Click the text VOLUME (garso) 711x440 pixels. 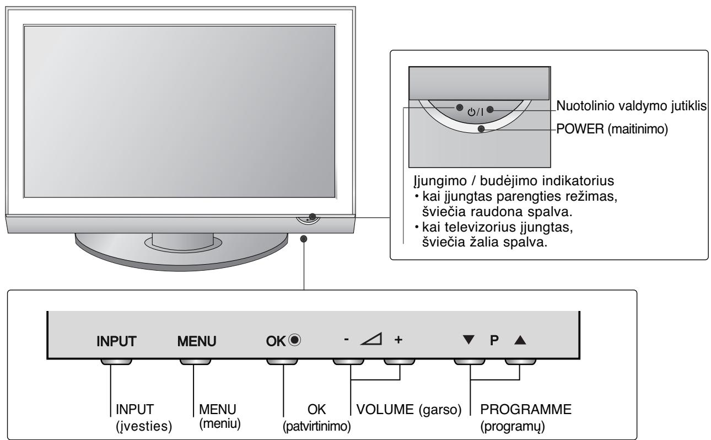pos(408,411)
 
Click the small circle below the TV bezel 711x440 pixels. pos(304,238)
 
